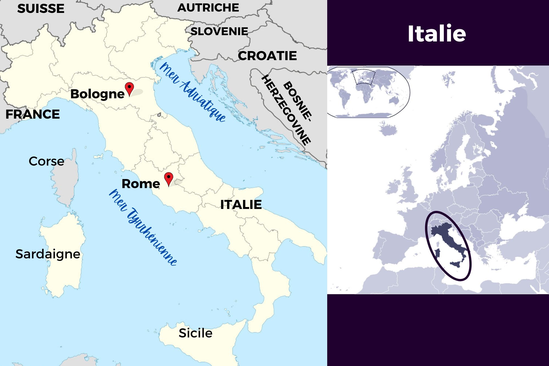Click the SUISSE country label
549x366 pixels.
41,9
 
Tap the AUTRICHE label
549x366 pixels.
208,8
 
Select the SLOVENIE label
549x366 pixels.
219,32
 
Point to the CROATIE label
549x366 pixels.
267,56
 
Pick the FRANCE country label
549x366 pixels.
33,114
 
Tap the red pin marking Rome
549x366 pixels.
169,178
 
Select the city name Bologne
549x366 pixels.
97,94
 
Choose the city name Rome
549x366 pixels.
141,184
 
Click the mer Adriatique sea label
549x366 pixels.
192,92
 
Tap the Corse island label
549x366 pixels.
46,161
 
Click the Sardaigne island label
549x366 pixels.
48,254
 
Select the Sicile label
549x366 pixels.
195,333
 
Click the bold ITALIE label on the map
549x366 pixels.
241,205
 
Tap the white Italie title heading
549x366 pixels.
436,34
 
